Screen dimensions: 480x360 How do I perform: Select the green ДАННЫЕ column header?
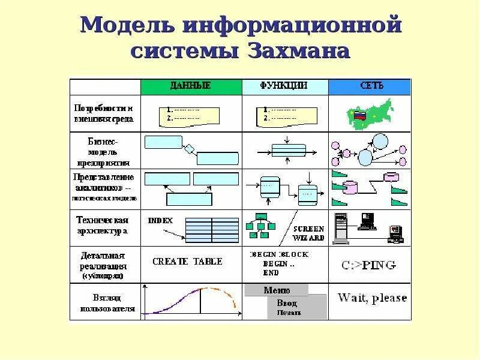pyautogui.click(x=190, y=86)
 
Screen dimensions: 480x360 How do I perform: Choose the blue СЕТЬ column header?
pyautogui.click(x=370, y=86)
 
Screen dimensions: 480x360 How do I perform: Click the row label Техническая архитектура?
pyautogui.click(x=103, y=226)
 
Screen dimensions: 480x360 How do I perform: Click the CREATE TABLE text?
pyautogui.click(x=187, y=262)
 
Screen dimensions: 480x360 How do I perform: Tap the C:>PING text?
pyautogui.click(x=369, y=265)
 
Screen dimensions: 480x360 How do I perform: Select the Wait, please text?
pyautogui.click(x=372, y=298)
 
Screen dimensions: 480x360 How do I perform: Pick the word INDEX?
pyautogui.click(x=160, y=220)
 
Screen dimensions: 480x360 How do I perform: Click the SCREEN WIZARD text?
pyautogui.click(x=309, y=233)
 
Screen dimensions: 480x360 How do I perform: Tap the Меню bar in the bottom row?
pyautogui.click(x=277, y=290)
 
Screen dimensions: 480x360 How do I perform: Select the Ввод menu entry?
pyautogui.click(x=287, y=303)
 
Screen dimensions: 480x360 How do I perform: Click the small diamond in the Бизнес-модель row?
pyautogui.click(x=189, y=148)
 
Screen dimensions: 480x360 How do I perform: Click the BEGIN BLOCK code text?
pyautogui.click(x=278, y=254)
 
